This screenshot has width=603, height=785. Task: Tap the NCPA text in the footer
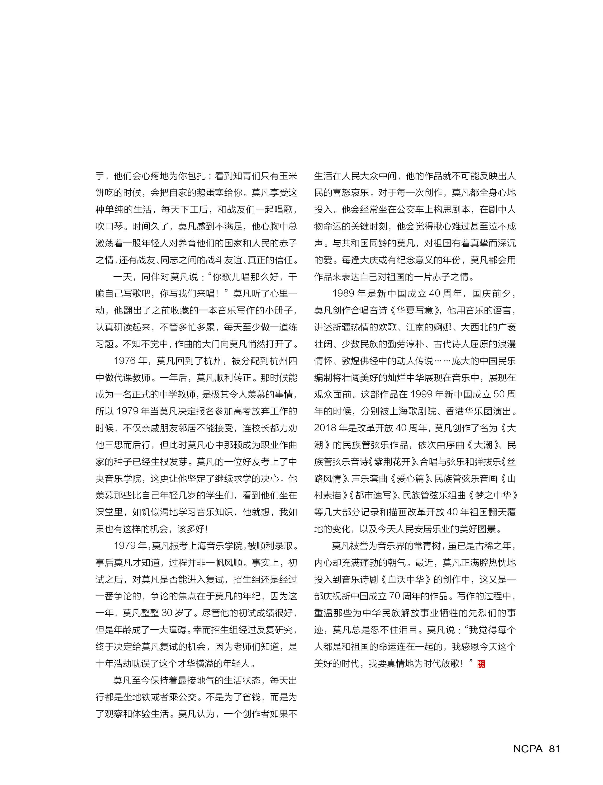(528, 749)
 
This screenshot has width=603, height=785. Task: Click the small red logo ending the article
(481, 664)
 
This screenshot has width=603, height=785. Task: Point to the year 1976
(124, 361)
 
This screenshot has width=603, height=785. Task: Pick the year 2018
(324, 428)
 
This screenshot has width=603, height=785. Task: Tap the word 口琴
(114, 227)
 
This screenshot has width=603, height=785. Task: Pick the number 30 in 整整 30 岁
(167, 613)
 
